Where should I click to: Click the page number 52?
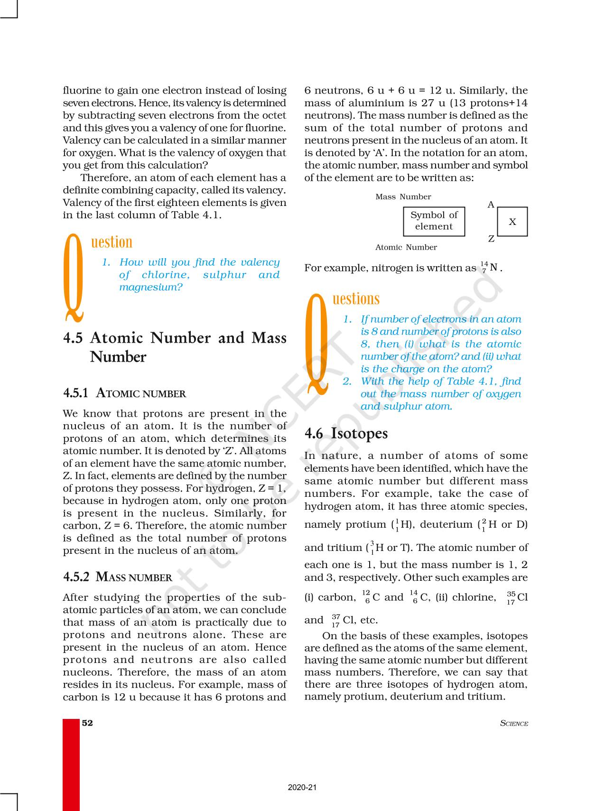tap(87, 723)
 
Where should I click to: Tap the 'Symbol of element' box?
tap(434, 221)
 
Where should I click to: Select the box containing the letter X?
tap(512, 222)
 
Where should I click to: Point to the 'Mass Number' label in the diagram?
tap(403, 197)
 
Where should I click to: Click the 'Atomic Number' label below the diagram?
tap(406, 247)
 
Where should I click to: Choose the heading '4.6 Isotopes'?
tap(346, 433)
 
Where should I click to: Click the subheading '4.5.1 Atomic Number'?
tap(124, 393)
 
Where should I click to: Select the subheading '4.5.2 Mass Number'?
tap(117, 577)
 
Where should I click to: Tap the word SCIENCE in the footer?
tap(514, 723)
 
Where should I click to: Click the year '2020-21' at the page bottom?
tap(302, 787)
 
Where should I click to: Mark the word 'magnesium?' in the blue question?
tap(150, 287)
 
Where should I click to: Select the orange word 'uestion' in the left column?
tap(112, 242)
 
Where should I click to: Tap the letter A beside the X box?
tap(491, 205)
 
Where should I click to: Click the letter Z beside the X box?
tap(491, 239)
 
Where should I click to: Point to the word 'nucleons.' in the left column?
tap(88, 672)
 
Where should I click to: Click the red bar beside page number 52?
tap(71, 764)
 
